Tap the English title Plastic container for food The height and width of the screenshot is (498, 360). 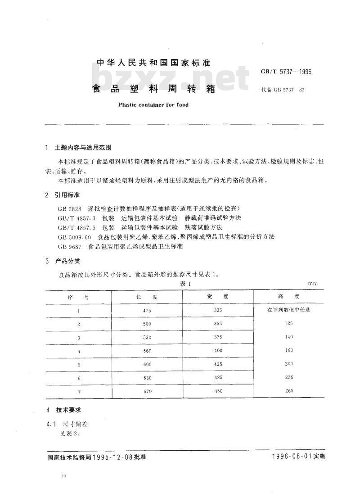(153, 104)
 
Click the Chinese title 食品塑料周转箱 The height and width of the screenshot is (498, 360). (154, 89)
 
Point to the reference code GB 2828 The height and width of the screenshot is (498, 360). (69, 208)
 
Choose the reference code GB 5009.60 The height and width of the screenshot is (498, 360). (74, 237)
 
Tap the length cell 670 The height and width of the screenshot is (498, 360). (147, 392)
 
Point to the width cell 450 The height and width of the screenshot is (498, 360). (219, 391)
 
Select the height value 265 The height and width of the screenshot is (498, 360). (289, 391)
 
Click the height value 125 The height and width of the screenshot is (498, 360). (289, 324)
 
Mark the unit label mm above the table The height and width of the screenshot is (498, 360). (313, 284)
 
